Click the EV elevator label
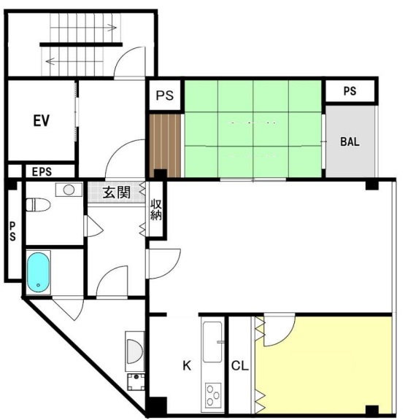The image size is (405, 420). (41, 120)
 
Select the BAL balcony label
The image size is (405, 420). (350, 141)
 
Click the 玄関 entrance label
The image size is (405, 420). (116, 192)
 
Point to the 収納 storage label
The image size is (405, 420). (156, 210)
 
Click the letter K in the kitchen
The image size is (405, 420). (186, 366)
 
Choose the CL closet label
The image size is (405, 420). (239, 366)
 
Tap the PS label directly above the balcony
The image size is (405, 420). (350, 91)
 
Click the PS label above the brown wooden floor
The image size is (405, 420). (165, 96)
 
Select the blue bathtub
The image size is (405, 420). (38, 272)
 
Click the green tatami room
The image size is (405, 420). (254, 128)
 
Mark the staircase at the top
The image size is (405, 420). (80, 42)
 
